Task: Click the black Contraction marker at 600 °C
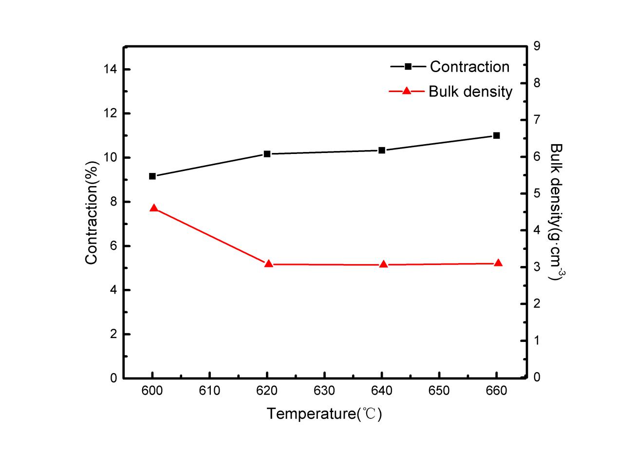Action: pyautogui.click(x=152, y=176)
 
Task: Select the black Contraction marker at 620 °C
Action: pyautogui.click(x=267, y=154)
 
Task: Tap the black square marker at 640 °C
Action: pyautogui.click(x=382, y=150)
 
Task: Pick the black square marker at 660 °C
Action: pyautogui.click(x=497, y=135)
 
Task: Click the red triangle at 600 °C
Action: pyautogui.click(x=154, y=208)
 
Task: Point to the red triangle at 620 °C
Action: pyautogui.click(x=268, y=264)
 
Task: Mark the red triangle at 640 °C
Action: pyautogui.click(x=383, y=265)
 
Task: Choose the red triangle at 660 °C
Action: pyautogui.click(x=498, y=263)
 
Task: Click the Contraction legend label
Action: pyautogui.click(x=469, y=67)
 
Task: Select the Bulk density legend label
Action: pyautogui.click(x=470, y=91)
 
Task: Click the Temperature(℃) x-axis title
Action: pyautogui.click(x=324, y=414)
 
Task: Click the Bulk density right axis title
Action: pyautogui.click(x=556, y=212)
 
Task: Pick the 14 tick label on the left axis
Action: pyautogui.click(x=110, y=70)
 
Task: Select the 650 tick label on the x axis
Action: pyautogui.click(x=439, y=391)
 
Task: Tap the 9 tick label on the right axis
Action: pyautogui.click(x=537, y=46)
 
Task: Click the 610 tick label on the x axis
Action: pyautogui.click(x=209, y=391)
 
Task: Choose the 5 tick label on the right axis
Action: pyautogui.click(x=537, y=193)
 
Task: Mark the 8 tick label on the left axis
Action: pyautogui.click(x=113, y=202)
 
